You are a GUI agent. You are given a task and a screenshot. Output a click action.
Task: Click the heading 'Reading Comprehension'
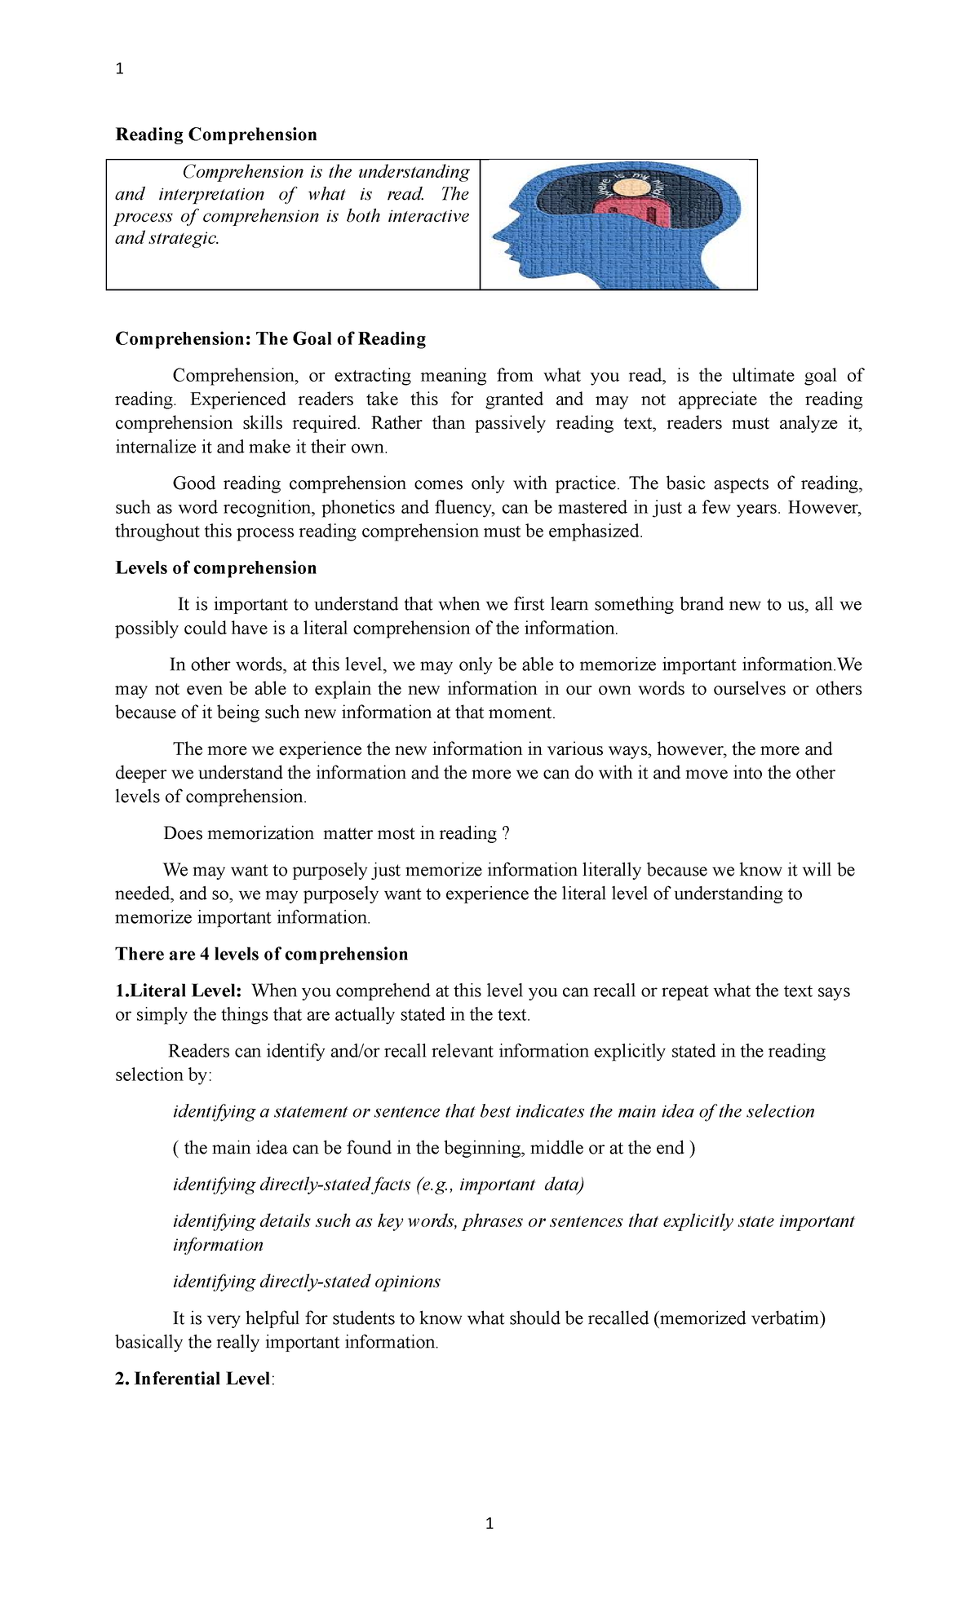[216, 135]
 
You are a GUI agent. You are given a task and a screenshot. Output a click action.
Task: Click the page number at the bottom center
[489, 1523]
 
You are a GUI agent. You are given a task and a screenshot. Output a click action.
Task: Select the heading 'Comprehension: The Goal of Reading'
[270, 339]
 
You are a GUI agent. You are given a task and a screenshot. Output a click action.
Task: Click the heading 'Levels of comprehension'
[215, 568]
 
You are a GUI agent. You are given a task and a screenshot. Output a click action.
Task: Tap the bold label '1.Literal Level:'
[179, 991]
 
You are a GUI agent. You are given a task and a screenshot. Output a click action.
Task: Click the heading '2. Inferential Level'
[193, 1379]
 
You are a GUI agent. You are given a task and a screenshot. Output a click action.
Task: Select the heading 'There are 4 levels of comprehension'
[261, 955]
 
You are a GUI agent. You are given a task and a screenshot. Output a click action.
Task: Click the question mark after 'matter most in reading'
[506, 834]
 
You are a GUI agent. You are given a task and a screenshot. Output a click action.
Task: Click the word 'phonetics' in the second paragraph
[358, 508]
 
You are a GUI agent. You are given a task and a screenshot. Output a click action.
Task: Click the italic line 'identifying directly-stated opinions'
[306, 1282]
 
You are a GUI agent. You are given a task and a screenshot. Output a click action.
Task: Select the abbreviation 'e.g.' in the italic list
[435, 1185]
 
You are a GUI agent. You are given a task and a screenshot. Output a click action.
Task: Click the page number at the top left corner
[120, 69]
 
